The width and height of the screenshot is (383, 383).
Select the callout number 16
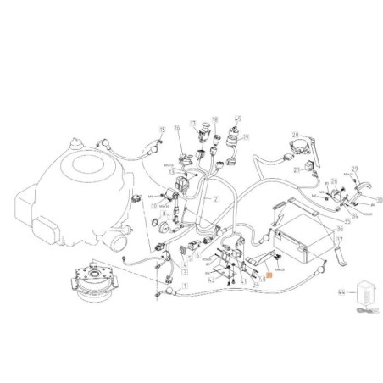[178, 130]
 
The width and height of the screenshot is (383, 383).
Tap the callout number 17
[192, 123]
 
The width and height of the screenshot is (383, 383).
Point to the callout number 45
[238, 119]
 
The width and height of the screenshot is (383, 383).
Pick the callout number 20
[295, 135]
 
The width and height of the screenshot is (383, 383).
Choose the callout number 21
[297, 169]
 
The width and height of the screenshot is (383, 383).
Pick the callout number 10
[155, 205]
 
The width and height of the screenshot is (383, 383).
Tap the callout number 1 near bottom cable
[181, 288]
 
